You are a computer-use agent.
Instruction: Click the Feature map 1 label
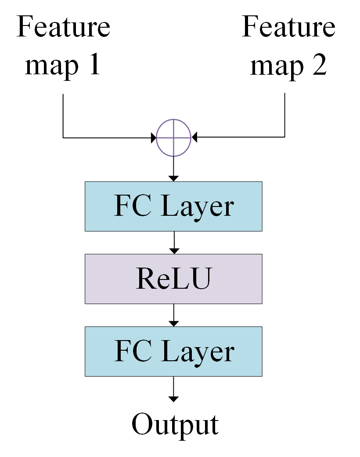[63, 46]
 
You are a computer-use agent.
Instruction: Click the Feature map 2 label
[288, 46]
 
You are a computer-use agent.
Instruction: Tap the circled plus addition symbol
[174, 138]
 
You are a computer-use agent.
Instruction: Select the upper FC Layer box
[173, 206]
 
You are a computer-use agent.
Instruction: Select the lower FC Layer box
[173, 351]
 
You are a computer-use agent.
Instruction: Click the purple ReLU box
[173, 279]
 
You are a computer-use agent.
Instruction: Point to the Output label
[175, 424]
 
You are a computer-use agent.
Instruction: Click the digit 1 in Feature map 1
[94, 65]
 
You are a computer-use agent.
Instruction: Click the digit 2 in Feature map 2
[319, 65]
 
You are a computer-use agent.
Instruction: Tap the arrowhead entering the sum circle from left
[154, 138]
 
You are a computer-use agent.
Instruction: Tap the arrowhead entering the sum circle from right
[194, 138]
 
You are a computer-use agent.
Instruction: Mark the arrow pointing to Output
[174, 389]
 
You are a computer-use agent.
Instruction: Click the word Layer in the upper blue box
[198, 207]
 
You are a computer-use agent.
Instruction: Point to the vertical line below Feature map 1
[63, 114]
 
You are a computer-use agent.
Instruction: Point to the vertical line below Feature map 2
[285, 114]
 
